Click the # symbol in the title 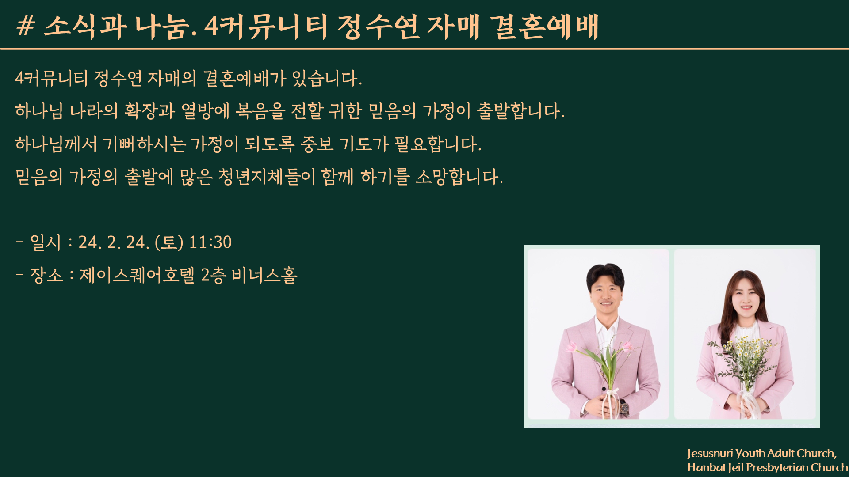point(25,26)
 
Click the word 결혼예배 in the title point(544,26)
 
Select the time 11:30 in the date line point(210,242)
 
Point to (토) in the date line point(169,242)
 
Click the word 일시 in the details point(45,242)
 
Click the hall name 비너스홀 point(264,275)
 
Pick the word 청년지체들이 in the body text point(267,177)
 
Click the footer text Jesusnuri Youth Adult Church point(762,454)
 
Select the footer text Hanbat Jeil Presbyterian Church point(768,467)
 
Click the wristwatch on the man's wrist point(624,407)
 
